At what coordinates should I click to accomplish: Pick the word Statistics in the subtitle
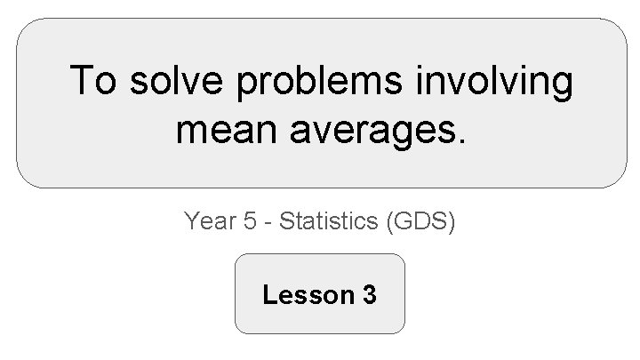coord(329,220)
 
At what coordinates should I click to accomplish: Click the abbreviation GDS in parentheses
coord(420,220)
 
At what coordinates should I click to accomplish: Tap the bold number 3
coord(370,294)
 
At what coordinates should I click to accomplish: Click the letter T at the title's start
coord(81,82)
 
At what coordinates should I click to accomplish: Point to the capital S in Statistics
coord(285,220)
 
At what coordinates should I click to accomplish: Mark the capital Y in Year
coord(191,220)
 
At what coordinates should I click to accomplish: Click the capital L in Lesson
coord(268,294)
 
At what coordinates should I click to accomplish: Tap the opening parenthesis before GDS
coord(392,221)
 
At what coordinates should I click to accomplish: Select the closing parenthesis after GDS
coord(451,221)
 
